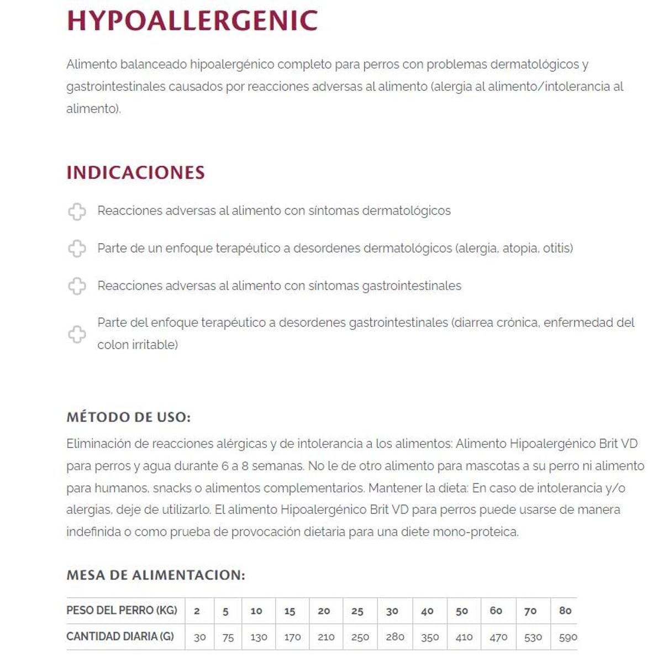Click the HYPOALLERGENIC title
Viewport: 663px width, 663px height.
192,21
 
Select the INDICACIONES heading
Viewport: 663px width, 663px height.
135,172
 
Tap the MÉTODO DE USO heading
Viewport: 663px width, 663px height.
128,417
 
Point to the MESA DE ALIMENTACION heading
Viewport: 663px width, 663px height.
155,575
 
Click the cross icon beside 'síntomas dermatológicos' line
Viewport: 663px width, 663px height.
77,211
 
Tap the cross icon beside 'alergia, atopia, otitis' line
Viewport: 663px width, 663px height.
77,249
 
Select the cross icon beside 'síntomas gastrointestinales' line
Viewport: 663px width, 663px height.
77,286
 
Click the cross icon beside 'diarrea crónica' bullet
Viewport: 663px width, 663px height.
77,334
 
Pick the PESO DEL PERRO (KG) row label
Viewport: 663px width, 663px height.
122,611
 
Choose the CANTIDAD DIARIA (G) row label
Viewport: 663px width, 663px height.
120,636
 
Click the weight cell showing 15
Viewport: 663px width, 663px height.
290,611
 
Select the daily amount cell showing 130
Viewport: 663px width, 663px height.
259,637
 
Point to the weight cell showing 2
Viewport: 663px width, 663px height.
197,611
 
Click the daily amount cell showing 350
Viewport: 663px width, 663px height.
430,637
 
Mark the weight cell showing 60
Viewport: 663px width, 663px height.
496,611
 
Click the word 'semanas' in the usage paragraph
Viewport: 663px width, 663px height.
280,466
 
